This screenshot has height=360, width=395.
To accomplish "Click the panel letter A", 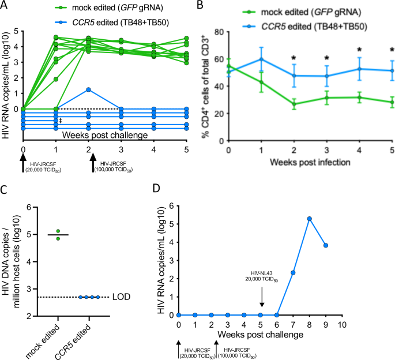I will click(x=5, y=6).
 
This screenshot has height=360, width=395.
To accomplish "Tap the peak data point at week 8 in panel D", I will click(x=310, y=219).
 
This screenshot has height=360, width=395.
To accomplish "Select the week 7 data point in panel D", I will click(x=293, y=273).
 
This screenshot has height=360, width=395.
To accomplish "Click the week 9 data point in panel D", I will click(x=326, y=245).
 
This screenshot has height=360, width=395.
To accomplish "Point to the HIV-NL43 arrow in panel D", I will click(x=261, y=301).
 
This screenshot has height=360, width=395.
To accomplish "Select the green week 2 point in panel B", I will click(x=294, y=104).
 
